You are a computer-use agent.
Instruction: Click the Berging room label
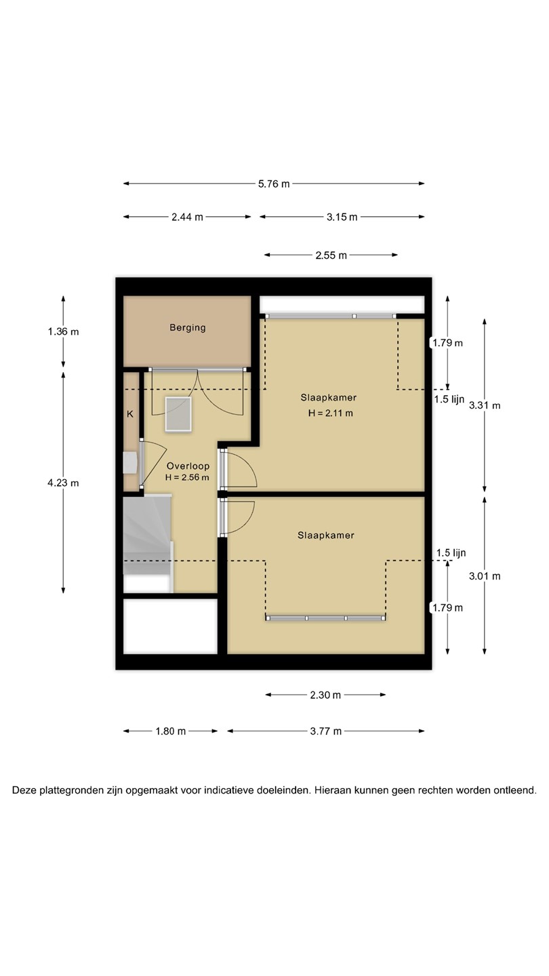[187, 327]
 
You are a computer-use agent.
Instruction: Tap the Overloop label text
[188, 466]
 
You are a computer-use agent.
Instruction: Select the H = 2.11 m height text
[330, 413]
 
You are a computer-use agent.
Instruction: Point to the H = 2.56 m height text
[187, 477]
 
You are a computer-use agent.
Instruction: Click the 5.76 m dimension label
[274, 184]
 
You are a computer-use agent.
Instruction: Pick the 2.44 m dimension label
[187, 217]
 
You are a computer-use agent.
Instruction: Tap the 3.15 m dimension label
[342, 217]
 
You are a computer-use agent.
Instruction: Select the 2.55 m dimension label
[331, 256]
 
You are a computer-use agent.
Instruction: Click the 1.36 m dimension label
[63, 331]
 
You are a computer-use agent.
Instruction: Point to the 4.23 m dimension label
[63, 483]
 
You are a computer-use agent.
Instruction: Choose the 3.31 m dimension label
[485, 405]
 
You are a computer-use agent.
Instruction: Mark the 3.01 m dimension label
[485, 576]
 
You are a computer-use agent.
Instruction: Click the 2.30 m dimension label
[325, 695]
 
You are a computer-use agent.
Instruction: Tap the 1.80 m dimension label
[171, 731]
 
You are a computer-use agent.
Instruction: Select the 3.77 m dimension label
[326, 731]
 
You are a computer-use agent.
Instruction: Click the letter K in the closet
[130, 414]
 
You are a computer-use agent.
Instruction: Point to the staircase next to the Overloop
[147, 544]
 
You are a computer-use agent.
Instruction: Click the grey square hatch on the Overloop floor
[178, 414]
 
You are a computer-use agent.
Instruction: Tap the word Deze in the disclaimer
[24, 790]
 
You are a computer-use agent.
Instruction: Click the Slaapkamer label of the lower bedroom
[326, 535]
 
